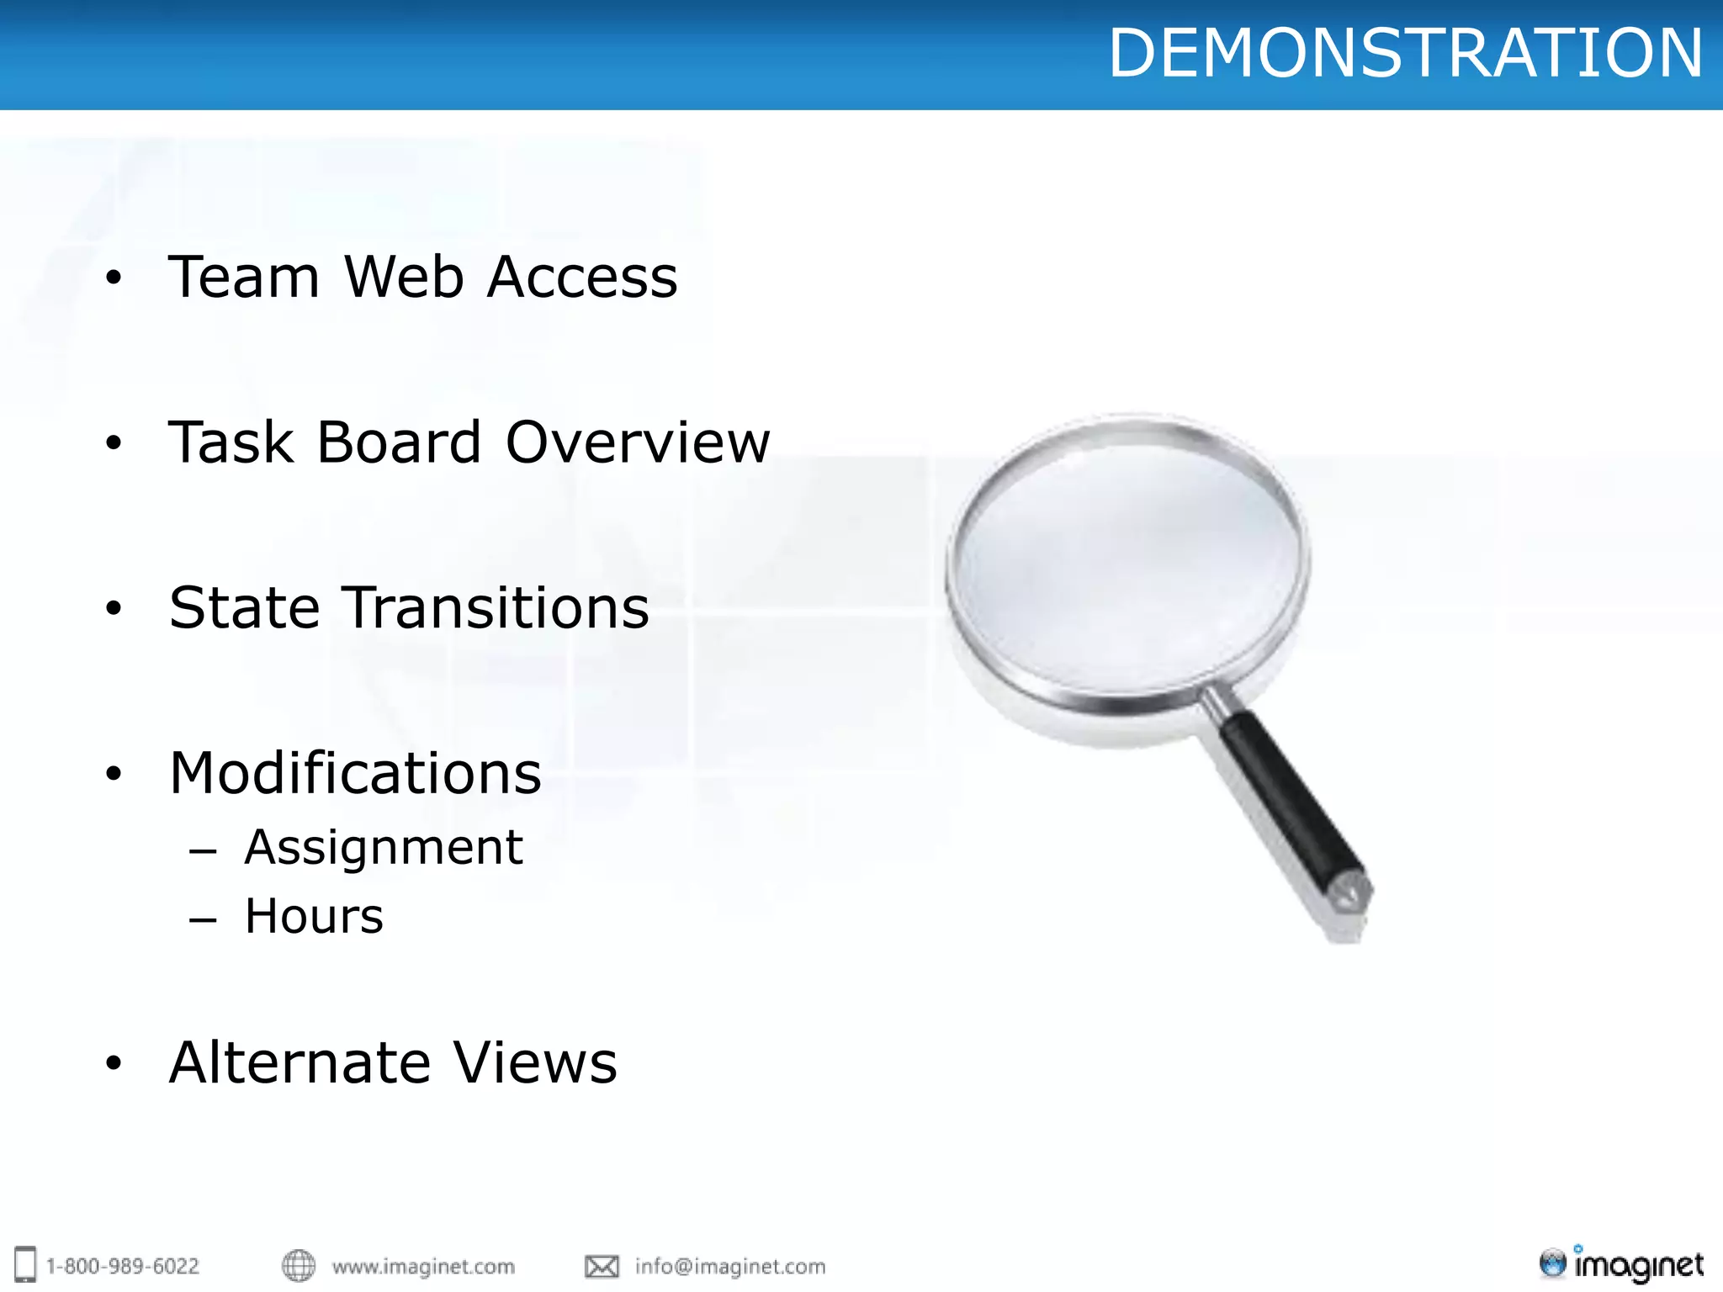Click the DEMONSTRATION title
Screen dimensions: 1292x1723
point(1405,53)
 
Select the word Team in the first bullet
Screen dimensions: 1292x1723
point(244,277)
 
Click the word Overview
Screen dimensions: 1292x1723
point(638,442)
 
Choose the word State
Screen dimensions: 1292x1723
point(244,607)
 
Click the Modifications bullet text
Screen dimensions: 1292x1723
point(355,773)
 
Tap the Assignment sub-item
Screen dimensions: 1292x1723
point(384,847)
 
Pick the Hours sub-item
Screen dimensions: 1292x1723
point(314,916)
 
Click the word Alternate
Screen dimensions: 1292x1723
point(298,1062)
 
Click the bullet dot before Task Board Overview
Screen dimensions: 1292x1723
point(114,442)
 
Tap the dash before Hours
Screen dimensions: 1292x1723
point(203,920)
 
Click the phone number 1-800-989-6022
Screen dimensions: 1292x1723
point(123,1266)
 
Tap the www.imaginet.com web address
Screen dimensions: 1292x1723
point(423,1266)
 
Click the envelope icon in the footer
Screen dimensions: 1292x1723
point(602,1266)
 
